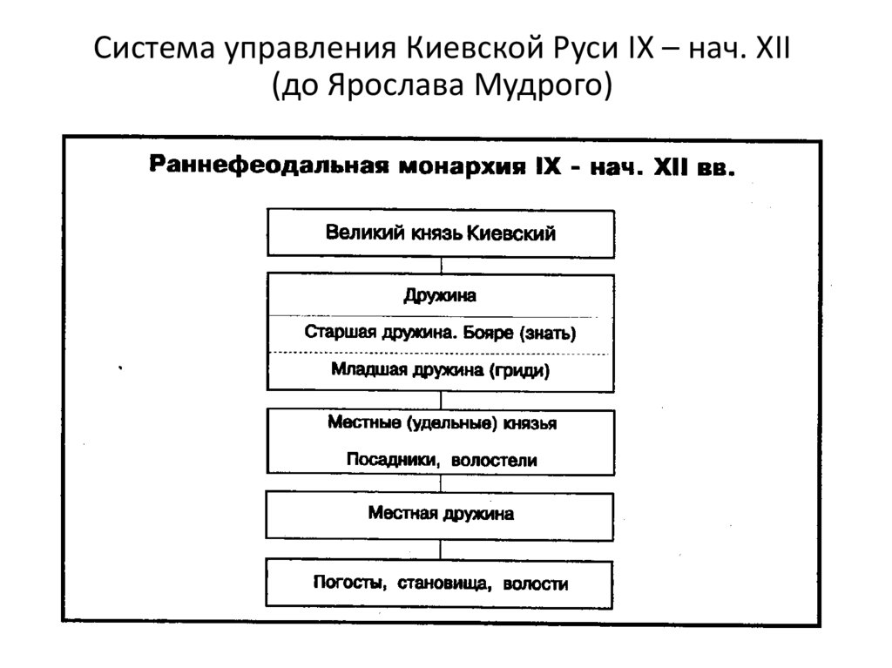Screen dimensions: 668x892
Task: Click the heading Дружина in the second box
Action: [x=440, y=295]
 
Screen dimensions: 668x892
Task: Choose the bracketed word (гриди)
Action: [x=521, y=370]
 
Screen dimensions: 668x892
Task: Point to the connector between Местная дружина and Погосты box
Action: [x=441, y=549]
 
